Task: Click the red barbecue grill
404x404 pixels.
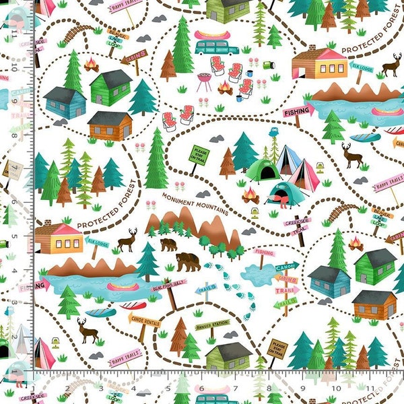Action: coord(203,80)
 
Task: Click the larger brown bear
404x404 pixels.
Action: coord(188,261)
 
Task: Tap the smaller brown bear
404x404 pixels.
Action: coord(168,244)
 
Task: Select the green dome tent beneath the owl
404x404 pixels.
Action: coord(262,170)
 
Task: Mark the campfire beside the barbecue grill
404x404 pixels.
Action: coord(225,88)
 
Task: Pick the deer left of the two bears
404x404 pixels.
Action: coord(127,239)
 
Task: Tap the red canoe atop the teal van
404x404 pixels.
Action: coord(212,34)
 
